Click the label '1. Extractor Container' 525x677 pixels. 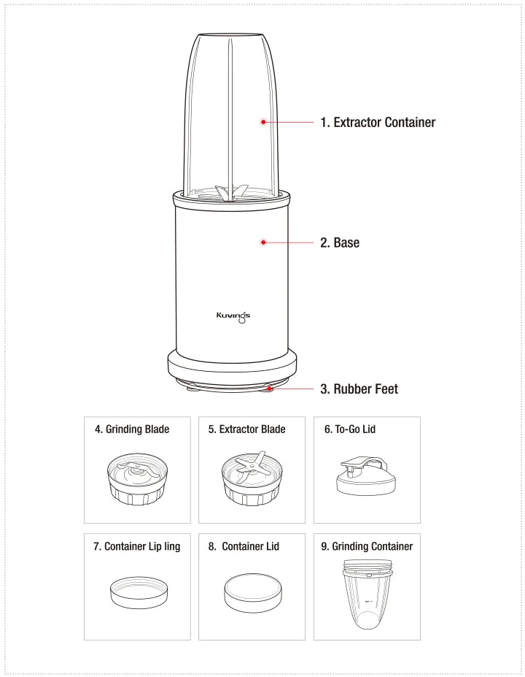tap(378, 122)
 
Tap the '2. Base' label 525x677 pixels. tap(340, 242)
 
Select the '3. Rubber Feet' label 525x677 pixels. tap(359, 389)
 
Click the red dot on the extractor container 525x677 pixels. tap(263, 122)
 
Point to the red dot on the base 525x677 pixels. tap(263, 242)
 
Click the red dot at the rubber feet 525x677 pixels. tap(269, 389)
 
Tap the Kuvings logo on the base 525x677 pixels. tap(233, 316)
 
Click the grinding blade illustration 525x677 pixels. tap(138, 479)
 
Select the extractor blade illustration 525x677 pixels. tap(252, 478)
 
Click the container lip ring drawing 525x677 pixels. tap(139, 593)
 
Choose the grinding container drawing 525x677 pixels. tap(367, 594)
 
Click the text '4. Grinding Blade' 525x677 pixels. tap(132, 429)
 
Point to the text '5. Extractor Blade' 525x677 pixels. tap(247, 429)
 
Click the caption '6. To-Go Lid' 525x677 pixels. tap(350, 429)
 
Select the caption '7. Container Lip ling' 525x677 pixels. tap(136, 546)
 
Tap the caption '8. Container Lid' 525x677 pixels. tap(244, 546)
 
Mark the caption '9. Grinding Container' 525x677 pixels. tap(367, 546)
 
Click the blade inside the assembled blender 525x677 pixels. tap(231, 193)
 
